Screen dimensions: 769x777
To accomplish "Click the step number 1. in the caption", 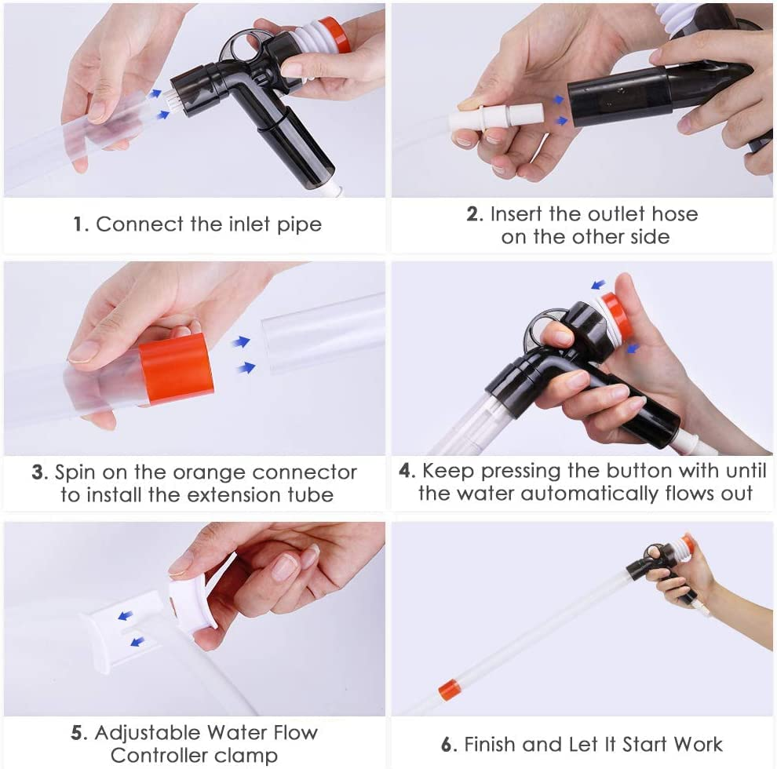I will click(81, 224).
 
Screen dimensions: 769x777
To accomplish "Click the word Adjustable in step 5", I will click(147, 733).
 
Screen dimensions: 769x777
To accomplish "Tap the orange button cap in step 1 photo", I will click(337, 35).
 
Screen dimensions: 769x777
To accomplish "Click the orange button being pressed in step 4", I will click(616, 315).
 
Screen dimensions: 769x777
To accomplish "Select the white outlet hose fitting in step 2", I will click(496, 118).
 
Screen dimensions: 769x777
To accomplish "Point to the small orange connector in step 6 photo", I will click(448, 691).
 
